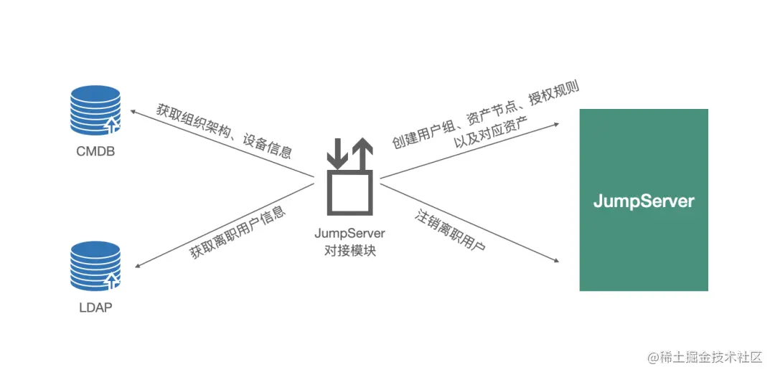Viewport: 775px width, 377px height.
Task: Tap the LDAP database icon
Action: click(95, 266)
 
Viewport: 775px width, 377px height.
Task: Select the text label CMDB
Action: click(95, 152)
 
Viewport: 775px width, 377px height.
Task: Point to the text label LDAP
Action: click(95, 308)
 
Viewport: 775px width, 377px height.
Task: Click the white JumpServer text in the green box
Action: click(644, 201)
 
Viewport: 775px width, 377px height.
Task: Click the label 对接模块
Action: click(350, 251)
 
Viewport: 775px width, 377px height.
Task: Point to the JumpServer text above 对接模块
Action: click(350, 234)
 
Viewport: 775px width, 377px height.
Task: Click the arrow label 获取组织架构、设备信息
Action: click(224, 131)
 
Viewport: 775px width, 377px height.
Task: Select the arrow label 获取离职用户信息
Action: click(238, 233)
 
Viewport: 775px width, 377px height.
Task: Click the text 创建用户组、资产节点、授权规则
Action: click(485, 115)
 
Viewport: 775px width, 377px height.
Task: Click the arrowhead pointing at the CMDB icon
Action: click(133, 113)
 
